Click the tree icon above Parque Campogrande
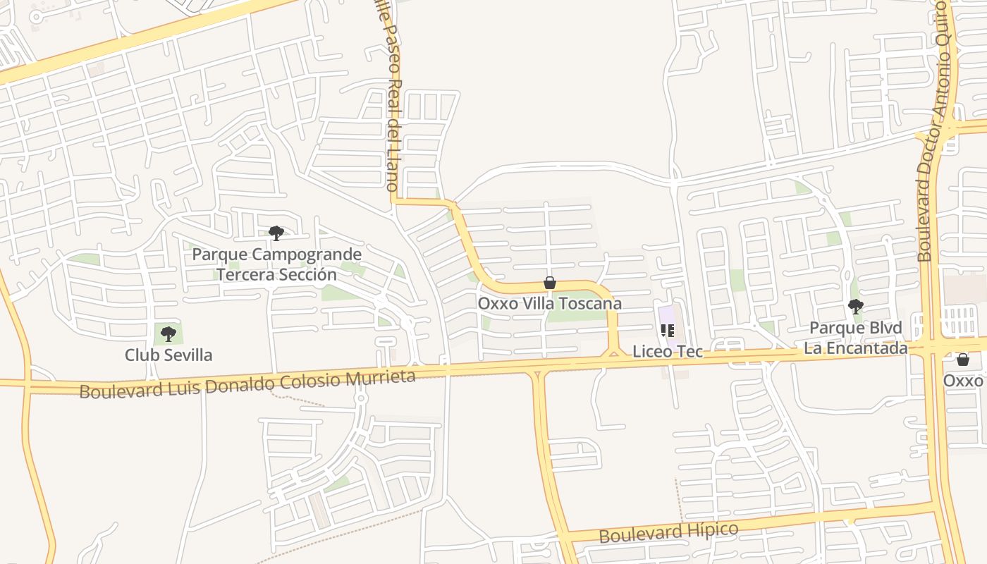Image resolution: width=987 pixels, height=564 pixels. click(x=276, y=233)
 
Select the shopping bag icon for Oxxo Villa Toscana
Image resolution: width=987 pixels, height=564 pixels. click(x=550, y=283)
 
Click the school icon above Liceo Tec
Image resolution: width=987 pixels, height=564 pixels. click(x=668, y=330)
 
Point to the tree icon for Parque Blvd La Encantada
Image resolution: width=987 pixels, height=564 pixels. click(x=856, y=307)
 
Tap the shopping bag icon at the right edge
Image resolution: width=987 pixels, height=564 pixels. click(x=963, y=360)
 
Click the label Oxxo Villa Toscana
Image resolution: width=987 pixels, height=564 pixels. click(x=550, y=304)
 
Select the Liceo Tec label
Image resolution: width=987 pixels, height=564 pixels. click(x=668, y=351)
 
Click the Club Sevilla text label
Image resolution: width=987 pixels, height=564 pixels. click(x=168, y=355)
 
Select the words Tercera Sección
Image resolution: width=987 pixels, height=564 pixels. click(x=277, y=274)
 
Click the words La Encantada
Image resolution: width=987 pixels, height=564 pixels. click(x=856, y=348)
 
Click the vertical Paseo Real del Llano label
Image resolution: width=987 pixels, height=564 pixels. click(x=390, y=99)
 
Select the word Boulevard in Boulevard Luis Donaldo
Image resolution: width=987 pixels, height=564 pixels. click(x=116, y=390)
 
